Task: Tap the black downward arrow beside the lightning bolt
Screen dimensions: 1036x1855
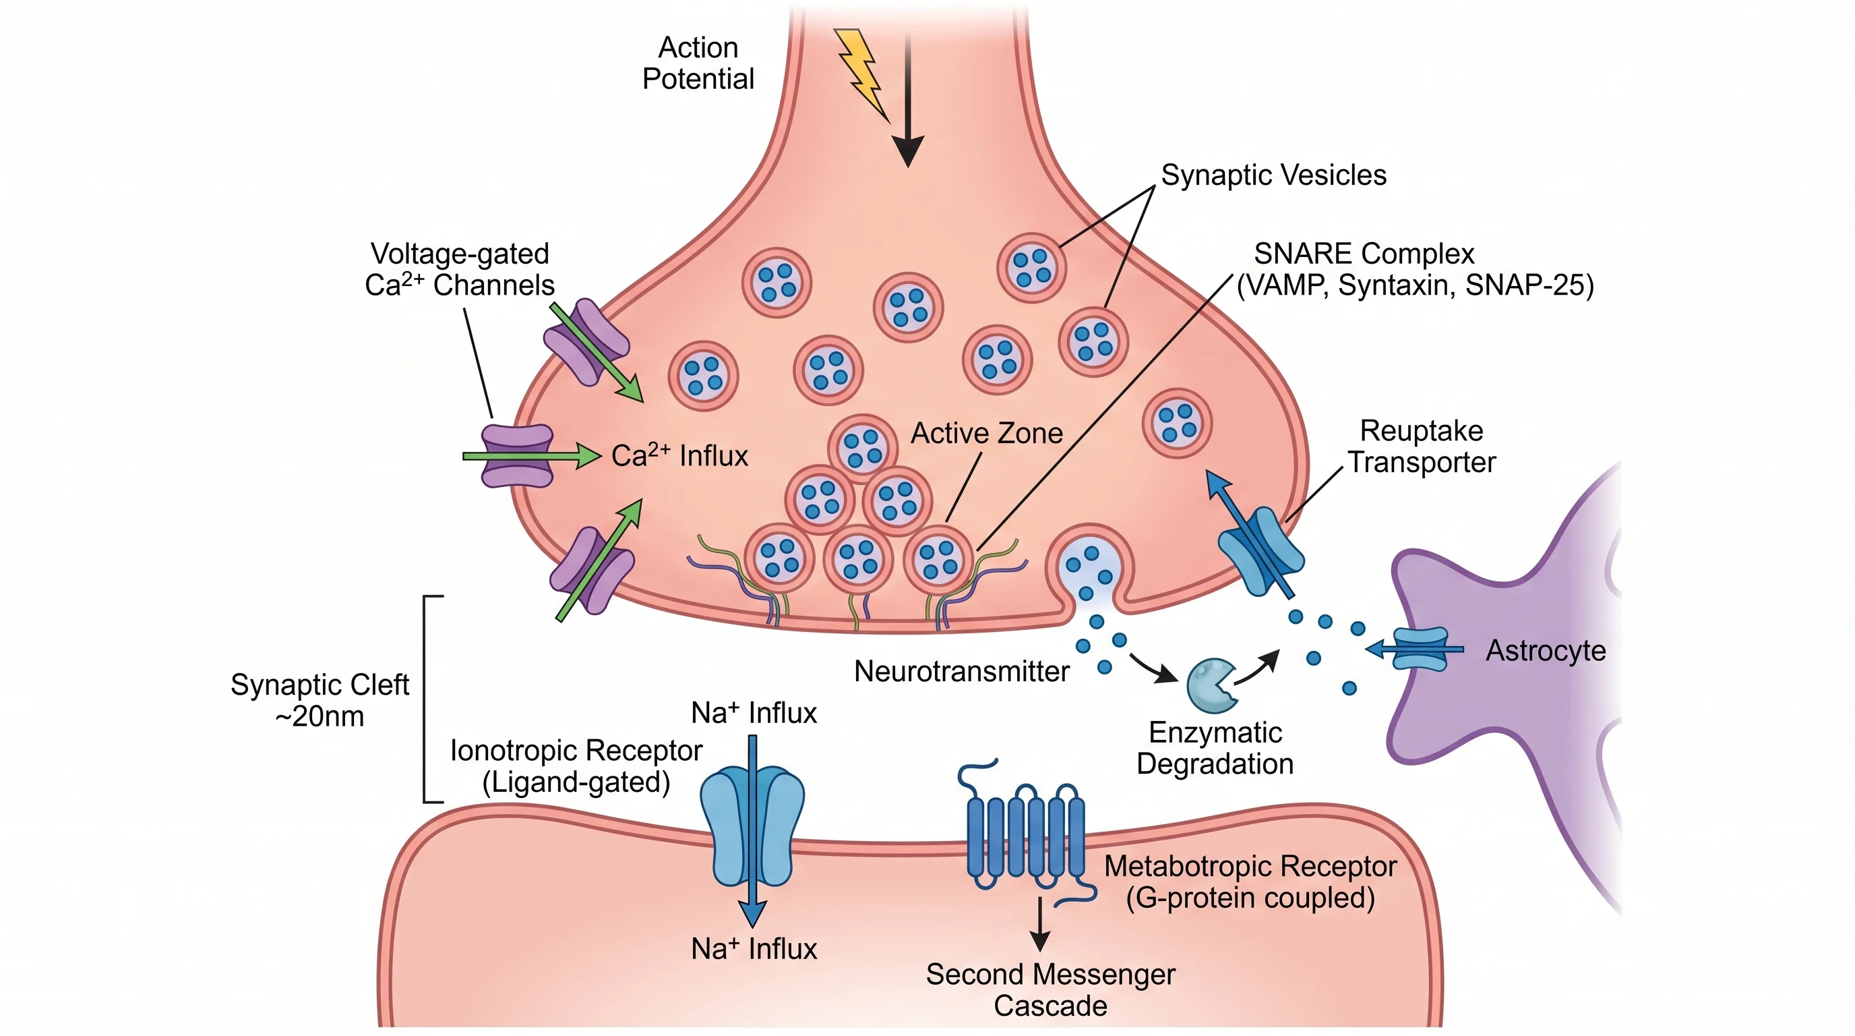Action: tap(908, 101)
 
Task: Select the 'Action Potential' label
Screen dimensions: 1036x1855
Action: tap(698, 63)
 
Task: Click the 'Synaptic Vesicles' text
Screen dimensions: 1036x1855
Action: tap(1273, 175)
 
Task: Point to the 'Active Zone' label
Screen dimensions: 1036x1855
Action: tap(987, 433)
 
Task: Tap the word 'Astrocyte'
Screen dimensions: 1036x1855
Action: tap(1546, 651)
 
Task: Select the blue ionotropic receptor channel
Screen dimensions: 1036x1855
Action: tap(752, 825)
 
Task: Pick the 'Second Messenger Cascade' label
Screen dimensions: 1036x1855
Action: tap(1050, 989)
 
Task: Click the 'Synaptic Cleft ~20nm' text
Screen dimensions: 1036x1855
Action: tap(319, 699)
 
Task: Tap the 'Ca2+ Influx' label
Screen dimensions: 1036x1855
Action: tap(679, 455)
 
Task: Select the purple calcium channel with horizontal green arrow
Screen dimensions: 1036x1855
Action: tap(517, 455)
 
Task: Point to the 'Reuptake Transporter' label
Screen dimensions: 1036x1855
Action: tap(1421, 446)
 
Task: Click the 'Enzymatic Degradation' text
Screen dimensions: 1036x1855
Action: tap(1215, 748)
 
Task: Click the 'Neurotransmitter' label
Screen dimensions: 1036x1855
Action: tap(961, 672)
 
